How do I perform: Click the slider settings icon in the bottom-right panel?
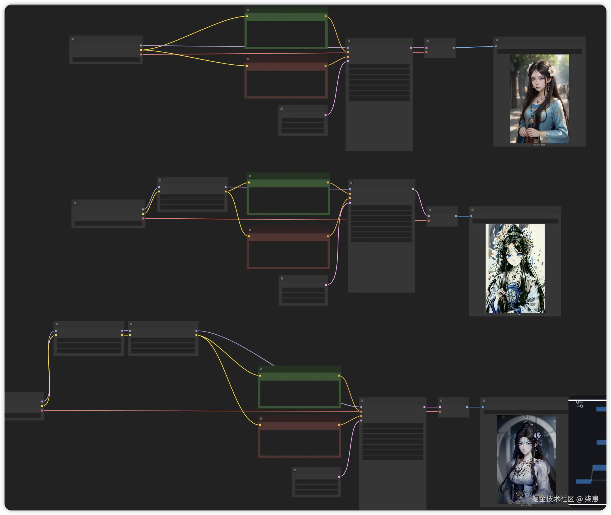580,404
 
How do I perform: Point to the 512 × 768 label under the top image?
539,145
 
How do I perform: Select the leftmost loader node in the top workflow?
106,50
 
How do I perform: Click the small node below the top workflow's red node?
303,121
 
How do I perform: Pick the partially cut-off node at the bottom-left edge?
23,406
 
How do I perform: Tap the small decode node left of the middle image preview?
442,216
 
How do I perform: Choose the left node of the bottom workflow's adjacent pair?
89,338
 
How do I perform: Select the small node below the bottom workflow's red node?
316,482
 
